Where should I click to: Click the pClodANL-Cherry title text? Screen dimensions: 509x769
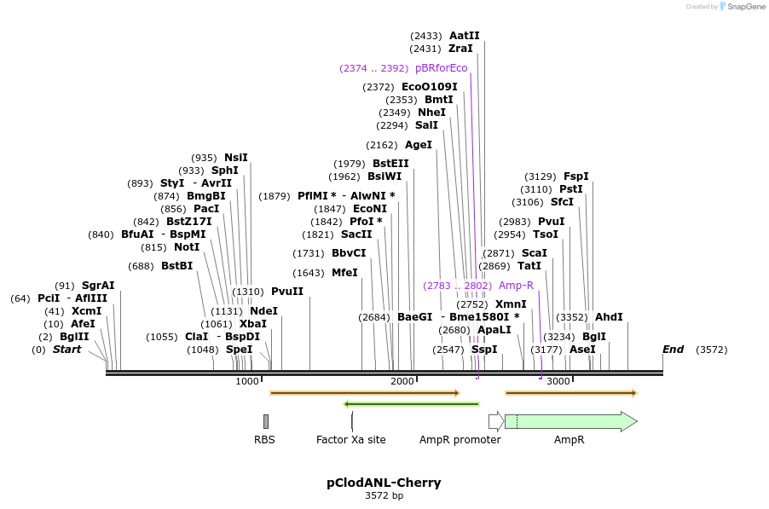pos(384,483)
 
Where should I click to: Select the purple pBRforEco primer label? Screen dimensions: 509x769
pos(441,68)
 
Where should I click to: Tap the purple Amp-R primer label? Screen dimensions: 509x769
pos(516,286)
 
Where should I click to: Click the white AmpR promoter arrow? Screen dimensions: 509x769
pos(495,421)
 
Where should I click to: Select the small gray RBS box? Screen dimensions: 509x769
pos(266,421)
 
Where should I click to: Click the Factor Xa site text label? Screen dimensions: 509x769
pos(350,440)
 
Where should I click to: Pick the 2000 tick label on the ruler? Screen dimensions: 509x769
pos(402,381)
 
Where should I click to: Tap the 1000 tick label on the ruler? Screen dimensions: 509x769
pos(246,381)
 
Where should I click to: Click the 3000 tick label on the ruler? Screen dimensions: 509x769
pos(558,381)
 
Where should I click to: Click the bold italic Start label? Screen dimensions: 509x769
pos(66,350)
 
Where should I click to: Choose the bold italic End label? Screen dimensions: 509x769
pos(673,350)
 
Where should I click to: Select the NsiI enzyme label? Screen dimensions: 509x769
pos(235,158)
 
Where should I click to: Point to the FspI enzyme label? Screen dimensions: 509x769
pos(575,176)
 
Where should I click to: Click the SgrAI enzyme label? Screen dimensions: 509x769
pos(97,286)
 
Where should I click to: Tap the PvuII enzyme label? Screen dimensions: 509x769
pos(286,292)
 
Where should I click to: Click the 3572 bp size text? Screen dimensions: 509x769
pos(384,495)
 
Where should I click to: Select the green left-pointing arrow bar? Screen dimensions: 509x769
pos(411,404)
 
